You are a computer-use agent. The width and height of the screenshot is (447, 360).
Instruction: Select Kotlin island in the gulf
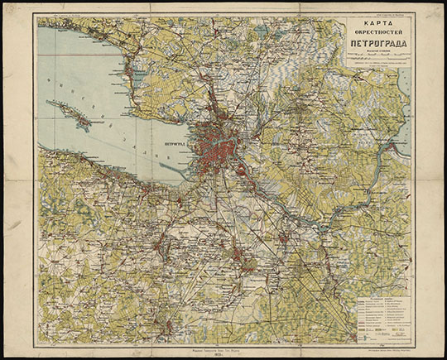[78, 117]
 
